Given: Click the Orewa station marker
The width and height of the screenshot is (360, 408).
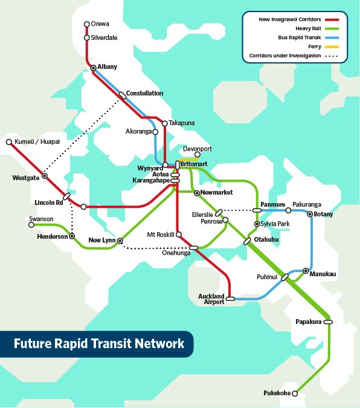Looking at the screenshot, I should coord(86,25).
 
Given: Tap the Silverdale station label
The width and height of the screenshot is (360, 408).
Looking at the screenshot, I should coord(104,37).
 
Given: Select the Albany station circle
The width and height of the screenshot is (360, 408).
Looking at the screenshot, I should coord(94,68).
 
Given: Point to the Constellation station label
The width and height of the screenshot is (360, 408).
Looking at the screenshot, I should coord(145,93).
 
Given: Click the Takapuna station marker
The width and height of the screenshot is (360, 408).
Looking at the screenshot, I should coord(164,123).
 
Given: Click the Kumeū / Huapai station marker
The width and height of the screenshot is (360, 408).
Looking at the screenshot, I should coord(9,142).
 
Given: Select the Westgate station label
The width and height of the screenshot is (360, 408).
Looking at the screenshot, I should coord(25,178).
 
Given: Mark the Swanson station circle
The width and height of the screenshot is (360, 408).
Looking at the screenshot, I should coord(31,225).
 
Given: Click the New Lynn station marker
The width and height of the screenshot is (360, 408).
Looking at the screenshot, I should coord(120,241).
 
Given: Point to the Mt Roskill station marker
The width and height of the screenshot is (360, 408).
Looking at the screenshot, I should coord(179,234).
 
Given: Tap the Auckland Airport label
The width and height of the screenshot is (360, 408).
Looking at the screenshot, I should coord(211,299).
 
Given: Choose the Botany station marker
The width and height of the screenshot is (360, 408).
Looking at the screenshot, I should coord(310,214).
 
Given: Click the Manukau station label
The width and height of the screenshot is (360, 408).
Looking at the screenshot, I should coord(323,274).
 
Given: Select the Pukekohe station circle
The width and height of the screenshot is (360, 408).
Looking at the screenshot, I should coord(295,393).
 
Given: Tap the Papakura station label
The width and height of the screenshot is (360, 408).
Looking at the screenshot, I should coord(309,322).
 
